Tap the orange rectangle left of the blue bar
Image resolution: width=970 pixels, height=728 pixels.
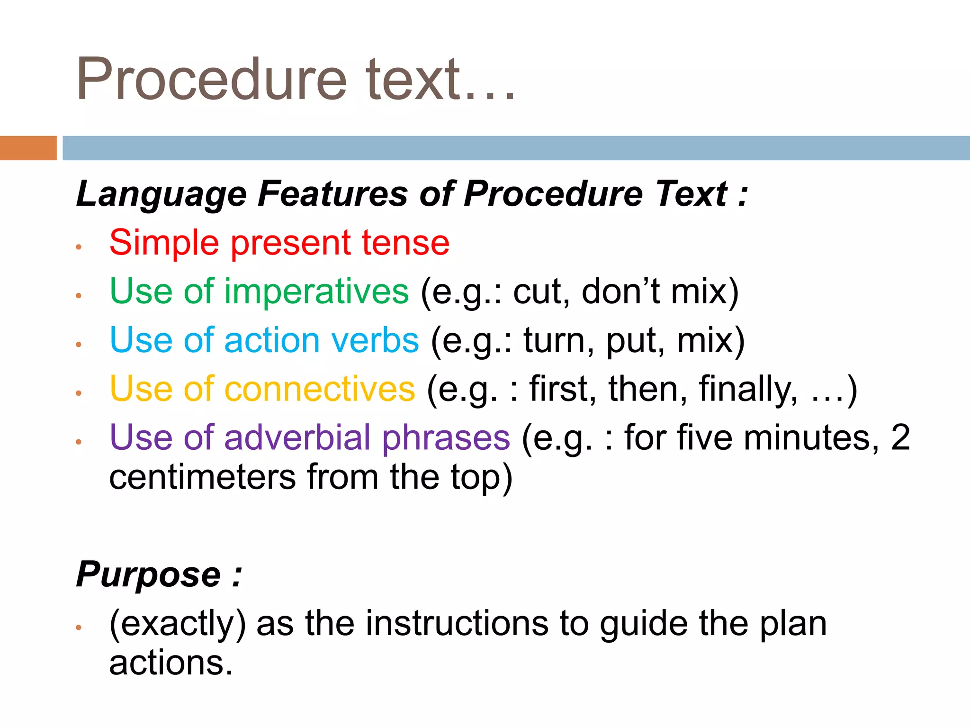tap(28, 148)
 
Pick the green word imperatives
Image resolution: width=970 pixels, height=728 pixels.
tap(316, 291)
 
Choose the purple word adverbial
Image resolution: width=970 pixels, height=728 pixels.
tap(297, 437)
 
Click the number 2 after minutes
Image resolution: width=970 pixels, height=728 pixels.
tap(900, 437)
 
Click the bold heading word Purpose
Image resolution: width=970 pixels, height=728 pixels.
tap(148, 574)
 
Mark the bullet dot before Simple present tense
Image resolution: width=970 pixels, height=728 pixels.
tap(79, 247)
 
